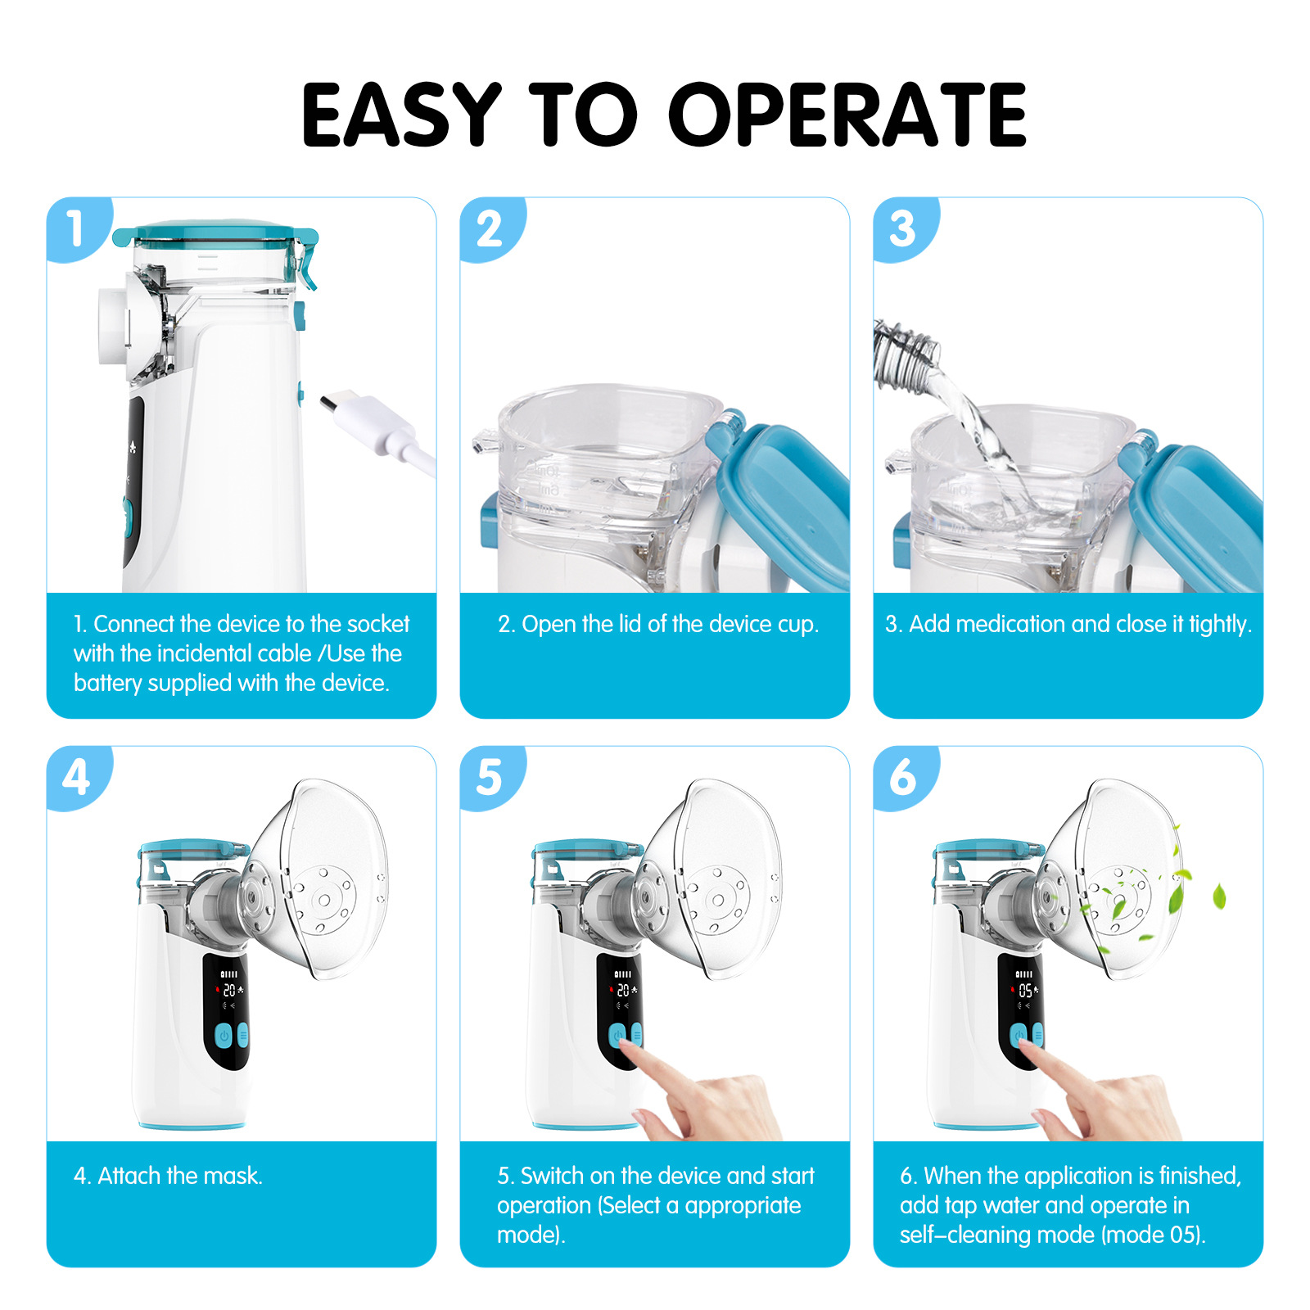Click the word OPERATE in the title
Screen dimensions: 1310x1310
coord(847,115)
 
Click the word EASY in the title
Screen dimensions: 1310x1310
coord(401,115)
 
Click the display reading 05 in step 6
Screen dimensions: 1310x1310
coord(1025,991)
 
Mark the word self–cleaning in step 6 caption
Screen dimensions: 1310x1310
coord(956,1235)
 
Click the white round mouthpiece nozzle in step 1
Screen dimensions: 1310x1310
coord(113,326)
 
